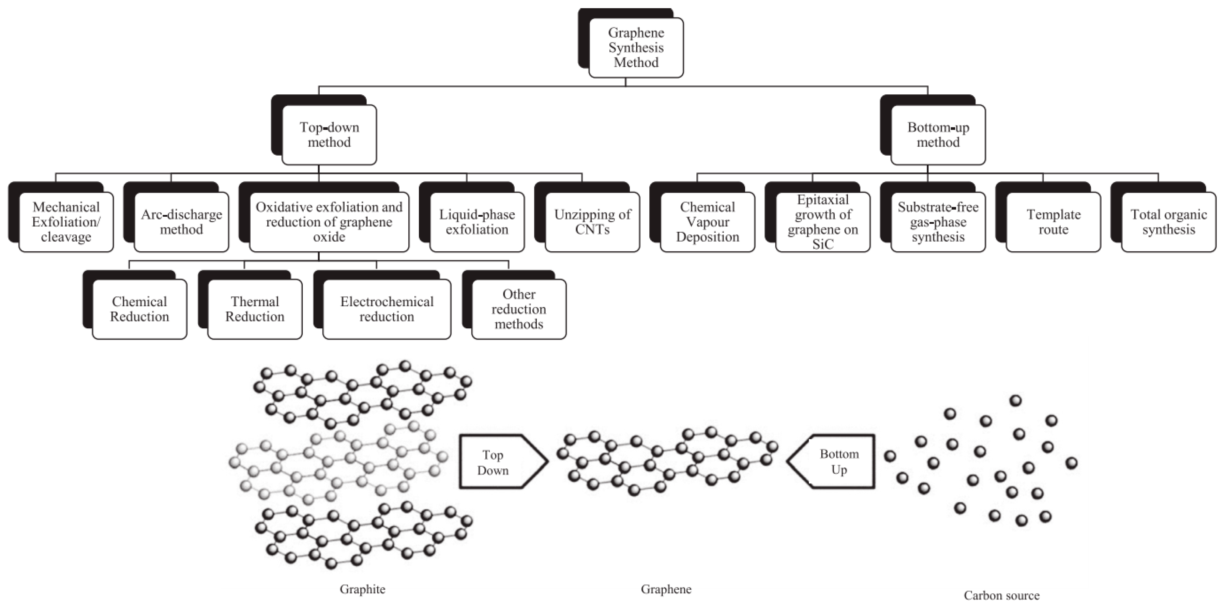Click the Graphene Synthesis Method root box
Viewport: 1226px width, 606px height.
[x=636, y=48]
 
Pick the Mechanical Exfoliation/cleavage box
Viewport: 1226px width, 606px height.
[x=66, y=222]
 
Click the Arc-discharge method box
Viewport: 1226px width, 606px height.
[x=181, y=222]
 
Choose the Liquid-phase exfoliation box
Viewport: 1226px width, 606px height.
[x=477, y=222]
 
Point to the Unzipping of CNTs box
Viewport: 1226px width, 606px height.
[x=592, y=222]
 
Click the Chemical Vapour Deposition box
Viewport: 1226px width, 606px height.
[x=707, y=222]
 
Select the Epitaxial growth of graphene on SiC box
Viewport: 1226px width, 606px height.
[x=822, y=222]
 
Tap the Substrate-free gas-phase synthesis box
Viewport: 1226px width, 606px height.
[x=938, y=222]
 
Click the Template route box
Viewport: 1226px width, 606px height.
[x=1053, y=222]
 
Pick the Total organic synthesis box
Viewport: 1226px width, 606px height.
[x=1168, y=222]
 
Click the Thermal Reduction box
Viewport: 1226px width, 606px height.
[x=255, y=309]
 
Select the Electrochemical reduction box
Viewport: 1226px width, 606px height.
[x=387, y=309]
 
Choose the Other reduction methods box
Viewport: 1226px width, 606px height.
[x=519, y=309]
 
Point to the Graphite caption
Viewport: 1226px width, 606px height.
[x=362, y=589]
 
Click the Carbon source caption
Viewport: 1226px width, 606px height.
[x=1001, y=595]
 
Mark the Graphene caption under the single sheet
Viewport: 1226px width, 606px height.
[x=666, y=589]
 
